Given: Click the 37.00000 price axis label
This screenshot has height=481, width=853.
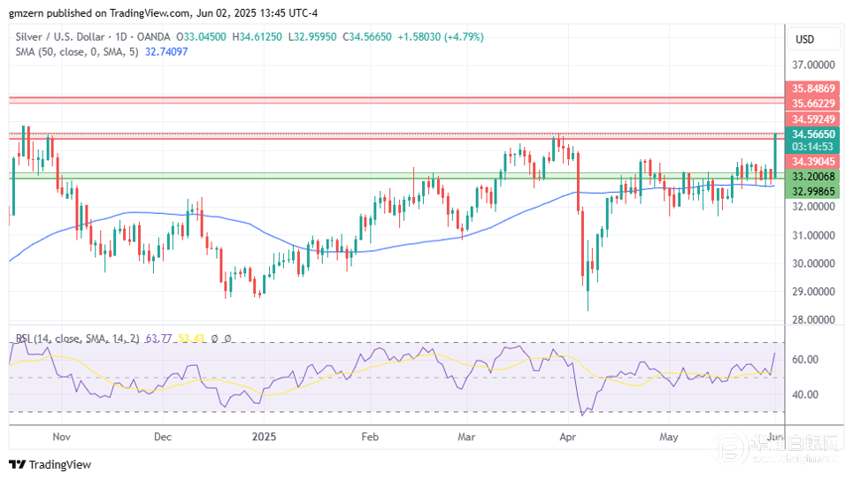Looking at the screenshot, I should point(815,65).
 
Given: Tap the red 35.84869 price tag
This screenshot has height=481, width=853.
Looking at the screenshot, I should point(813,88).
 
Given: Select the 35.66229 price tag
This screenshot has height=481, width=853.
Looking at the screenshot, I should point(813,103).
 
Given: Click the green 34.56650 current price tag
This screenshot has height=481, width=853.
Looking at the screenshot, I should point(813,133).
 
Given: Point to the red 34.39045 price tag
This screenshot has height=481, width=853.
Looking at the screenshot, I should point(813,162).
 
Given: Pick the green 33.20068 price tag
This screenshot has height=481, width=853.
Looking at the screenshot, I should point(813,177).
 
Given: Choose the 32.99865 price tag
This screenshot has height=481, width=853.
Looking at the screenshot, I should point(813,191).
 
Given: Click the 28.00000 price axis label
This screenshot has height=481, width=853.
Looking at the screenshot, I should point(815,320).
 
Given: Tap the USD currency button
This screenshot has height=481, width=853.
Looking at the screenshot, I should point(804,40).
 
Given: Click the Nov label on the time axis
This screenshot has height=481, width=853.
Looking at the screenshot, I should point(61,437).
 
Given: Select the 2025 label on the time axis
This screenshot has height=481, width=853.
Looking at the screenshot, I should point(264,437).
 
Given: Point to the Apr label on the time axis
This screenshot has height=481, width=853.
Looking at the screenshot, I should point(569,437).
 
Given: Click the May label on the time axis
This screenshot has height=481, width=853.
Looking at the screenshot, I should point(669,437).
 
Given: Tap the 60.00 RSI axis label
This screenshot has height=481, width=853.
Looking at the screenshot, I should point(805,360).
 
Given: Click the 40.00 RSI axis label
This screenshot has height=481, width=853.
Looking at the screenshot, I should point(805,394).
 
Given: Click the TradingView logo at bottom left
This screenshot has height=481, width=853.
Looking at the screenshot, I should point(50,465).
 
